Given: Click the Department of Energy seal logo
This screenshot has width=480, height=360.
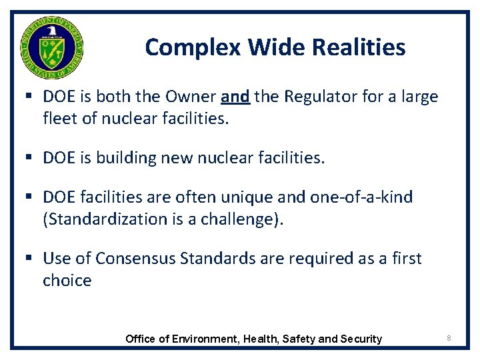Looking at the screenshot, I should tap(51, 47).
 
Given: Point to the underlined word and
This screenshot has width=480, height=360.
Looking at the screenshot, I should tap(235, 97).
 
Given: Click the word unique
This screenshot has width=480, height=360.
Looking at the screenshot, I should tap(257, 197).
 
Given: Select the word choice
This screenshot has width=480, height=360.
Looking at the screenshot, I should tap(67, 280).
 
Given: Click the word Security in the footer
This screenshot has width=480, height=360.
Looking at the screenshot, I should tap(361, 339).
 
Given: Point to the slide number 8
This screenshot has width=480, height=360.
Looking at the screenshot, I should tap(449, 339).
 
